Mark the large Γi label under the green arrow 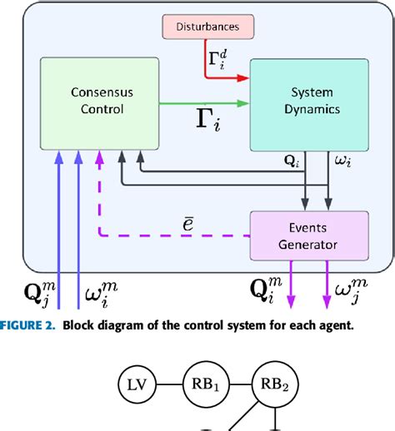click(x=207, y=127)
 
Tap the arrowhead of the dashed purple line click(x=101, y=155)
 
